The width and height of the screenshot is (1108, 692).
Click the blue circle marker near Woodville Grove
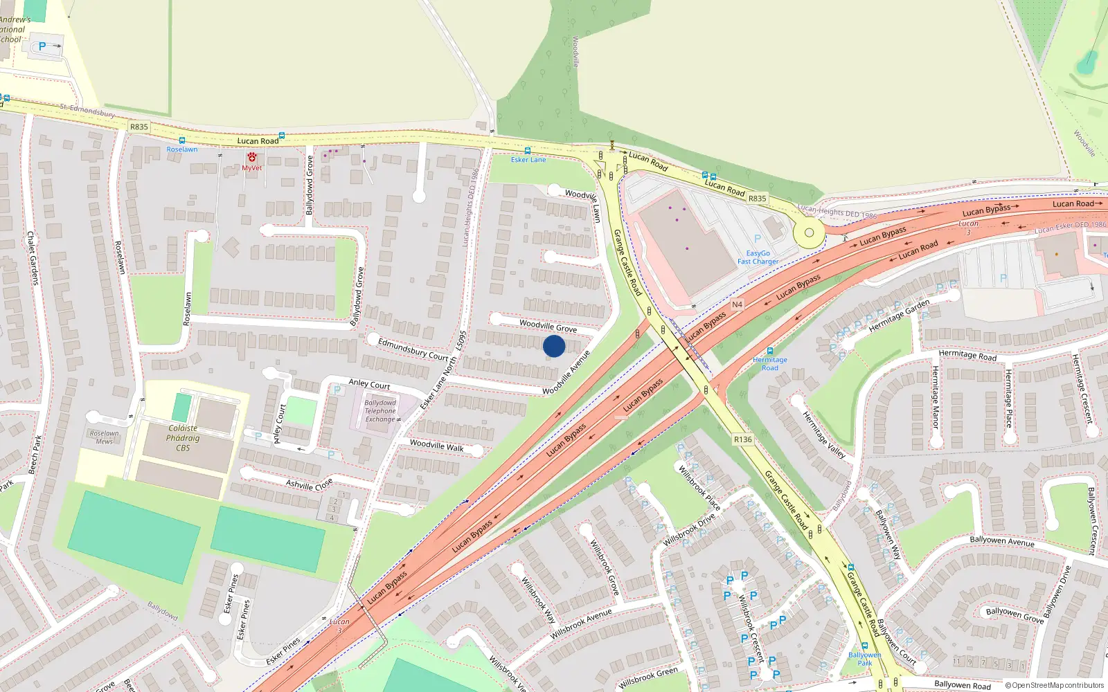coord(554,346)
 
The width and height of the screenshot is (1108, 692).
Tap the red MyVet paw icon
coord(252,158)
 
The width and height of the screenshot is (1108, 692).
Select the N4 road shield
coord(737,304)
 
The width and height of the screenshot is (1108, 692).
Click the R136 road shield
coord(742,439)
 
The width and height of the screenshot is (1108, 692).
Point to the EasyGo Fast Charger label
coord(758,257)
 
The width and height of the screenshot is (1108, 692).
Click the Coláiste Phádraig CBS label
coord(183,438)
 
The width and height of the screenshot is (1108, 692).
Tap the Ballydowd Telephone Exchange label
coord(380,411)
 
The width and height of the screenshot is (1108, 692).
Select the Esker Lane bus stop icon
coord(528,150)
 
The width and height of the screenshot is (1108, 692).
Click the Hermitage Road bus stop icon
coord(769,351)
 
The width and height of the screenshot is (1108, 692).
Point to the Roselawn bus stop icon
coord(181,140)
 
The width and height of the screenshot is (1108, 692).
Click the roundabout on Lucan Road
coord(809,233)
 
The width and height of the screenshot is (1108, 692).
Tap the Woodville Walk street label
coord(436,446)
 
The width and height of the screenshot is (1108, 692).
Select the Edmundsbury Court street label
coord(413,349)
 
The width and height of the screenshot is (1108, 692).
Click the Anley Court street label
coord(369,383)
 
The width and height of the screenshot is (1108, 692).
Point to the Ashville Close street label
coord(309,484)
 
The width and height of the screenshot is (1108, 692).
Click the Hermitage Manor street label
coord(936,397)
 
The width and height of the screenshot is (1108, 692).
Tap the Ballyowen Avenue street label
coord(1001,540)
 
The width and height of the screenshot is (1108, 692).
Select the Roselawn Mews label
coord(105,437)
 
